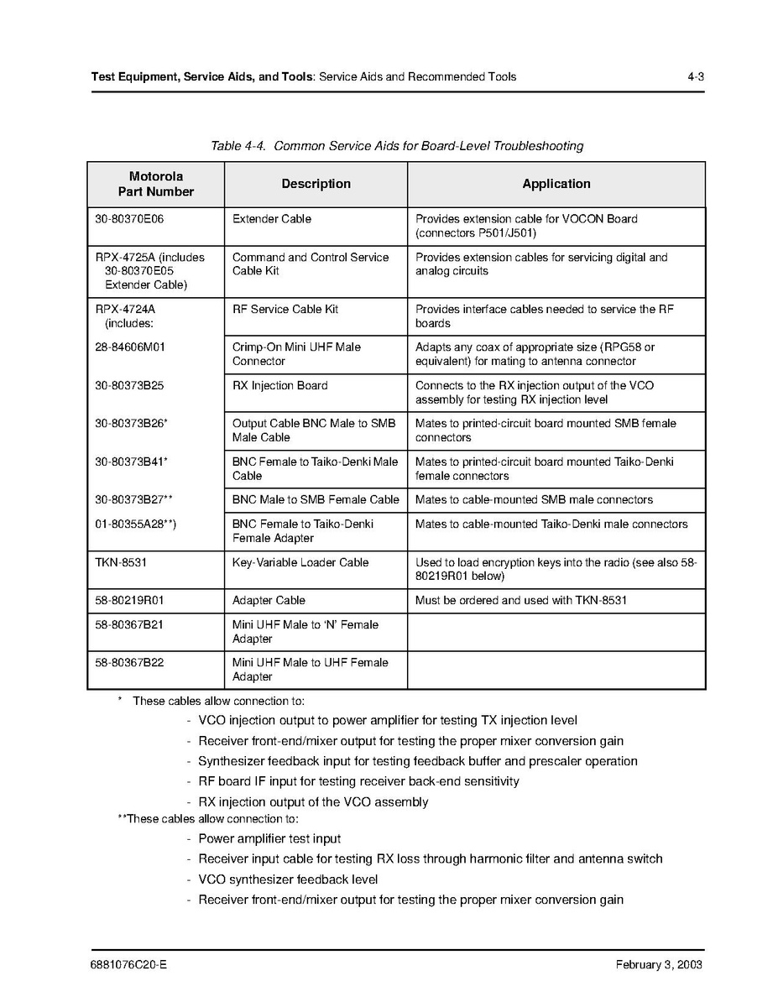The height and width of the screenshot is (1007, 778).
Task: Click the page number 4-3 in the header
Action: (x=694, y=76)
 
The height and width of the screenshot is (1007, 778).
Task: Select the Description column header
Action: (x=316, y=184)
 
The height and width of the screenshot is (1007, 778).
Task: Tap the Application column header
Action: (x=556, y=184)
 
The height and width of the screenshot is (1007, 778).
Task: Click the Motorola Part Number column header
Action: (x=156, y=184)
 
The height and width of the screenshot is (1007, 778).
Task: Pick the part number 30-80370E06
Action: (x=129, y=219)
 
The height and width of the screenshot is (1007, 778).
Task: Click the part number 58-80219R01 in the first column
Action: (x=129, y=601)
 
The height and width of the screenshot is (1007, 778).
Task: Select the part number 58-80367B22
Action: (x=129, y=663)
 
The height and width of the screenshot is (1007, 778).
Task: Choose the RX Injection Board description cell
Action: (x=279, y=386)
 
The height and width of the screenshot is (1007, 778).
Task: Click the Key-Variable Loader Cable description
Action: (x=300, y=562)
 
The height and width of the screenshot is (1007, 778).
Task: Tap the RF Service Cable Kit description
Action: (x=285, y=310)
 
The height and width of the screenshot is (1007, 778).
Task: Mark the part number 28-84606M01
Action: (x=130, y=347)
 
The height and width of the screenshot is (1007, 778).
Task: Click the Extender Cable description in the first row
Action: (x=271, y=219)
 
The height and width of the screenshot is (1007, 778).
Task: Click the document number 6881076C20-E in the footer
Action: (x=128, y=965)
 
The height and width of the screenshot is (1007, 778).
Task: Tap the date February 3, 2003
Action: (x=659, y=965)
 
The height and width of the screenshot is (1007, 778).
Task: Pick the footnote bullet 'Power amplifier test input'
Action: (x=269, y=839)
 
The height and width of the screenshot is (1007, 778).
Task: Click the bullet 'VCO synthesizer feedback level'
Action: (x=288, y=879)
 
